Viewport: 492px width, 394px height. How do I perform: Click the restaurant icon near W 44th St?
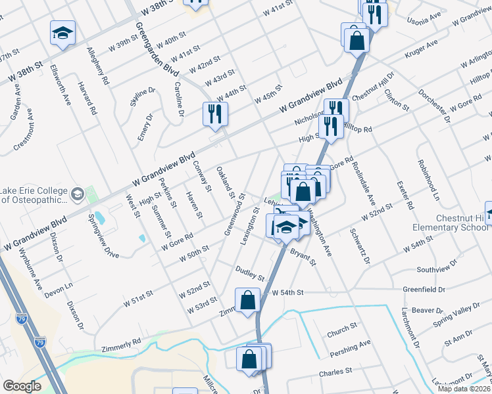[x=215, y=113]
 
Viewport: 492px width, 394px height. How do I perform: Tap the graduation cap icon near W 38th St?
[x=62, y=33]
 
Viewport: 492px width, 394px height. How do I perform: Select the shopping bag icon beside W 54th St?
[x=248, y=301]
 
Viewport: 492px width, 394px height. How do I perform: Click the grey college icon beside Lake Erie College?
[x=78, y=194]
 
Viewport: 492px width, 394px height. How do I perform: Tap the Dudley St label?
[x=249, y=274]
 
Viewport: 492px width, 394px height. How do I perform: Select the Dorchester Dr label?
[x=433, y=104]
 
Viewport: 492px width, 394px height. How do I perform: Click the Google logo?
[x=22, y=386]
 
